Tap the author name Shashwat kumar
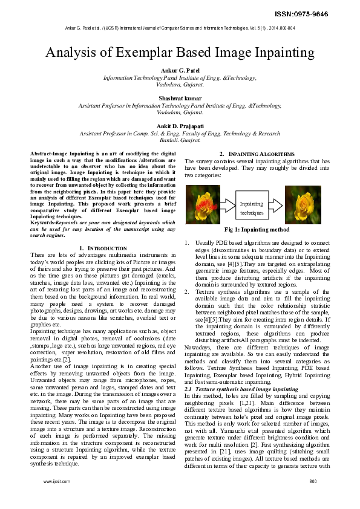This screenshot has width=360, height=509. click(180, 98)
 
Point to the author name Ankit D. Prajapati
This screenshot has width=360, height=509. click(180, 125)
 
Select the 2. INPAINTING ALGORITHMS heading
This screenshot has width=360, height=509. click(257, 154)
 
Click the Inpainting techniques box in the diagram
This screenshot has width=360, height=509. click(251, 209)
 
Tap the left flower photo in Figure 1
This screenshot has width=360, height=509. click(203, 205)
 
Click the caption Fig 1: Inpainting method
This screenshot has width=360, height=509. click(257, 230)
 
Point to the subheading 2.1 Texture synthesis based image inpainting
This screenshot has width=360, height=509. click(241, 389)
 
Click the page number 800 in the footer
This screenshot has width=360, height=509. click(313, 481)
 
